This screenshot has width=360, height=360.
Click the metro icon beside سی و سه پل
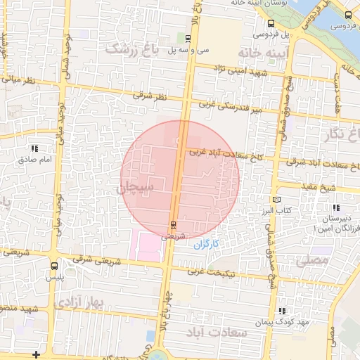[x=188, y=37]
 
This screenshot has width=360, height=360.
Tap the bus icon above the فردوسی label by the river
[x=349, y=15]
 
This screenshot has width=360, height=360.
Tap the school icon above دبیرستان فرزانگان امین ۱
[x=335, y=207]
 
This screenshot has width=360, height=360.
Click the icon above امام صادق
[x=34, y=148]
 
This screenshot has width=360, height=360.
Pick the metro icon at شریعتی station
[x=173, y=225]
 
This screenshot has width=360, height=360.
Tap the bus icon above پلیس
[x=54, y=266]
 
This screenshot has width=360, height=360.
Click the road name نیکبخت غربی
[x=212, y=271]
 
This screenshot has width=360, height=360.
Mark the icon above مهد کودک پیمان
[x=282, y=311]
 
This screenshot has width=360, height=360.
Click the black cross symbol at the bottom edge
[x=36, y=354]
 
